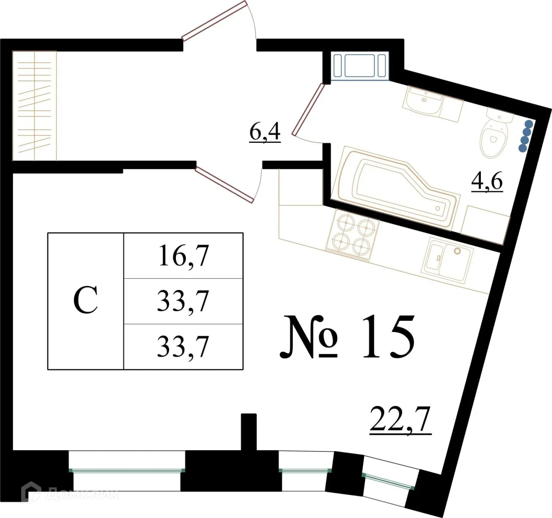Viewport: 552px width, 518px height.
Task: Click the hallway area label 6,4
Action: [x=265, y=132]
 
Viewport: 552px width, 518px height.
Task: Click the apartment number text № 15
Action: [x=348, y=337]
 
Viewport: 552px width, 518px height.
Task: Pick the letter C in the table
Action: [x=85, y=301]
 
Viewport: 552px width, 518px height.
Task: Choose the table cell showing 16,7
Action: [x=183, y=256]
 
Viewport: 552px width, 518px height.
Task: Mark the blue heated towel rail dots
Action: [x=525, y=136]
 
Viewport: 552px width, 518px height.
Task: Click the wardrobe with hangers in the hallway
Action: [x=34, y=106]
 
